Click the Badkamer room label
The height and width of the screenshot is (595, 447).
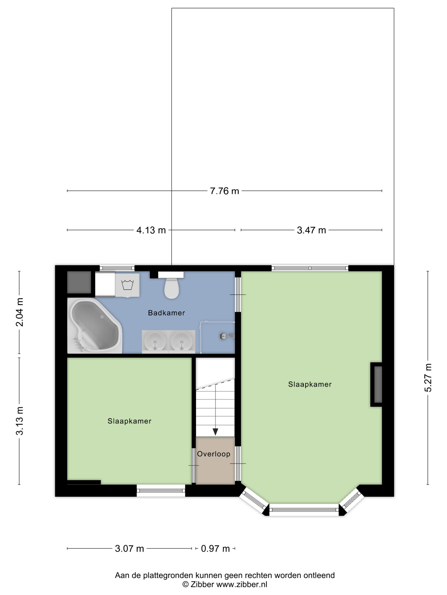(166, 313)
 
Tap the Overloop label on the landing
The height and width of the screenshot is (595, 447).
(214, 454)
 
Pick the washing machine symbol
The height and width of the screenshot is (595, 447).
(127, 285)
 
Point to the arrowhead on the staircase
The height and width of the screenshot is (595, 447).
(215, 432)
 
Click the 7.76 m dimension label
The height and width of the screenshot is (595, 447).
(224, 191)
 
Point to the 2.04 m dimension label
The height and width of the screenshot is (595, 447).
(20, 312)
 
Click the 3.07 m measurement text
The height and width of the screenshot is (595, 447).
(129, 548)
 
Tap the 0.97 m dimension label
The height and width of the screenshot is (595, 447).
(215, 548)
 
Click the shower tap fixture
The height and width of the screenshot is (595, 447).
(226, 336)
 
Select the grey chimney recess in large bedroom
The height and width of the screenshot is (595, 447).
(378, 384)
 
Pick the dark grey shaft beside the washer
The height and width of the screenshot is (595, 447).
(79, 282)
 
